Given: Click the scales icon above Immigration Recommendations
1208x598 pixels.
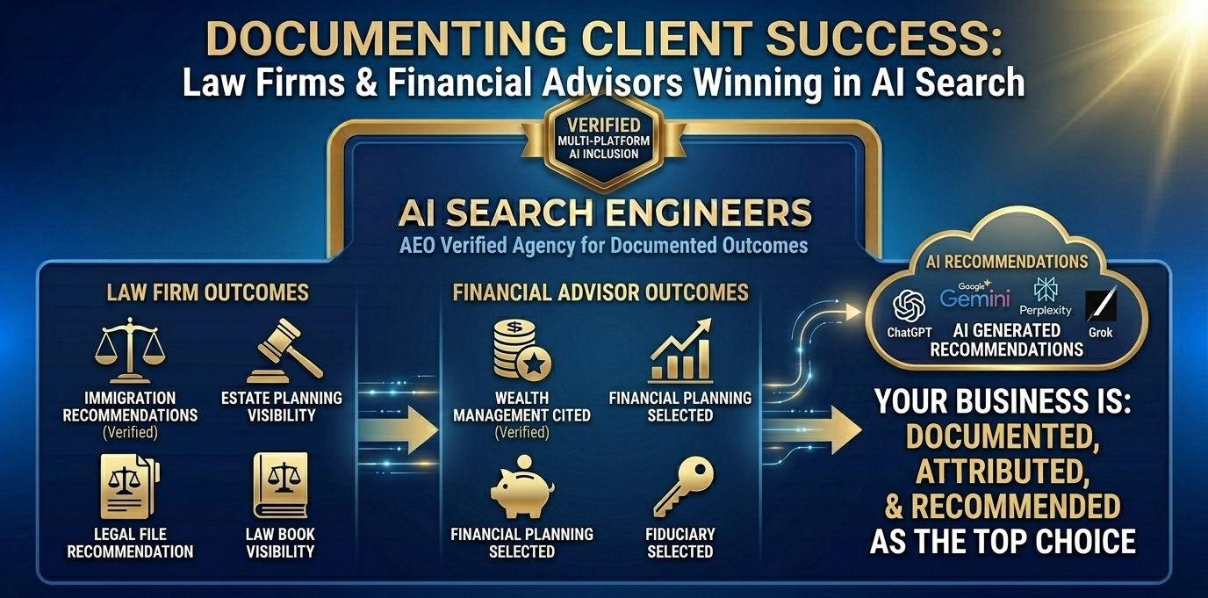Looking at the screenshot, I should (x=130, y=349).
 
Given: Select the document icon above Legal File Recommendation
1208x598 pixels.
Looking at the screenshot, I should (x=130, y=485).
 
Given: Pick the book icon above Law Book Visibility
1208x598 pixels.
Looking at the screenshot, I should (x=280, y=485).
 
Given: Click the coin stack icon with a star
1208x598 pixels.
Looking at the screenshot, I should (x=521, y=349).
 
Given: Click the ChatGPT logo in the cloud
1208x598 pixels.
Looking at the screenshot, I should (x=909, y=306).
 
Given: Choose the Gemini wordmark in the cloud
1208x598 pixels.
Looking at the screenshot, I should (x=974, y=298).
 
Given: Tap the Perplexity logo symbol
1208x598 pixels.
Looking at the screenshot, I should (x=1046, y=289).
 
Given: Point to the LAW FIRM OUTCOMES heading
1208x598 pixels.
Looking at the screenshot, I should (x=207, y=292).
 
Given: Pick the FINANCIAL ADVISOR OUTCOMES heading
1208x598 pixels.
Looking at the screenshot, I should (x=600, y=292).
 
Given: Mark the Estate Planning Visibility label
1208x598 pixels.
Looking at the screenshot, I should (x=281, y=406).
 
